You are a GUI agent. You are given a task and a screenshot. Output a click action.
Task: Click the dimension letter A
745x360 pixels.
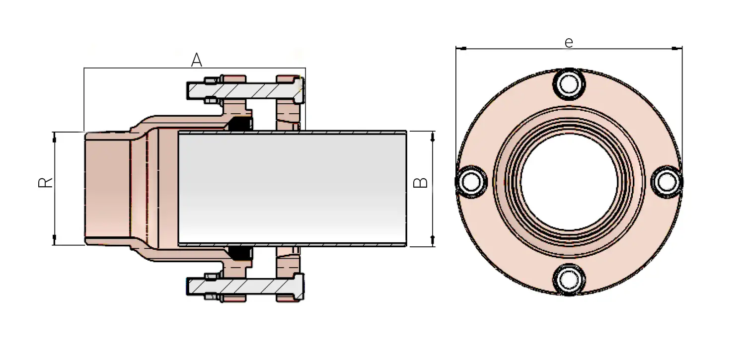point(197,61)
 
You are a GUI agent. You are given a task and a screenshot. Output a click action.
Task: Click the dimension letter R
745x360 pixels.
point(45,182)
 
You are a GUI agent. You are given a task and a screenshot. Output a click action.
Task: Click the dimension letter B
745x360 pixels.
point(421,182)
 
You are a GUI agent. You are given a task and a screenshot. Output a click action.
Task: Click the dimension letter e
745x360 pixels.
point(569,43)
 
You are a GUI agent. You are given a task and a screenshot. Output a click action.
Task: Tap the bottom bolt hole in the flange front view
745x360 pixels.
point(569,279)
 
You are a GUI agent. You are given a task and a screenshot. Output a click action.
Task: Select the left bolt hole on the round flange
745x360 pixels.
point(471,182)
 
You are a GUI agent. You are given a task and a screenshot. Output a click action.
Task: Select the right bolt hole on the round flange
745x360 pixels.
point(666,182)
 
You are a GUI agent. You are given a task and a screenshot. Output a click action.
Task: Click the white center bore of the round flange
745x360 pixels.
point(569,182)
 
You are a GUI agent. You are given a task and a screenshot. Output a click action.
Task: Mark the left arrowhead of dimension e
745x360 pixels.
point(460,49)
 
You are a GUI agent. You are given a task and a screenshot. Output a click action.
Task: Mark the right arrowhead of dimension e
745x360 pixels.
point(678,49)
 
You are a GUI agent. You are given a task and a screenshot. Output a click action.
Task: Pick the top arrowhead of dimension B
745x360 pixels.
point(433,135)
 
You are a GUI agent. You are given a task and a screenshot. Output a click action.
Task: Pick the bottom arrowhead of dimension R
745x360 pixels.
point(54,241)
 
